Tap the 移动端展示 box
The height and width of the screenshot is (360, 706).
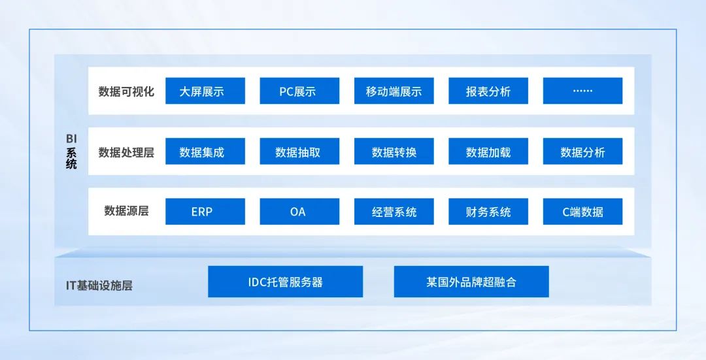394,91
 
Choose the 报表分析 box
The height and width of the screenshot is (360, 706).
488,91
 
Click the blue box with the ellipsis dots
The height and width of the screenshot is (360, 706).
582,91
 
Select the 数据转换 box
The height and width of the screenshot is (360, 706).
394,152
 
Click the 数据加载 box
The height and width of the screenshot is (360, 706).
488,152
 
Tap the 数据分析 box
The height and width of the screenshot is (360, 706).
582,152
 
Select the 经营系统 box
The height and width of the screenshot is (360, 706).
394,212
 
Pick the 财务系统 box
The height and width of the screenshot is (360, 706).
488,212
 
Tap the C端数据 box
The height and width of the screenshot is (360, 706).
582,212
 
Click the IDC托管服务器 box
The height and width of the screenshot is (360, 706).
285,282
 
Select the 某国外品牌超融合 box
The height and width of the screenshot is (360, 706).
471,282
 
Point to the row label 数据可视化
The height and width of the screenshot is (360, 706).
126,91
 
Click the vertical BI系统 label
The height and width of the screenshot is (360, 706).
71,152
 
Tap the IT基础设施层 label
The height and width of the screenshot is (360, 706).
99,286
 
